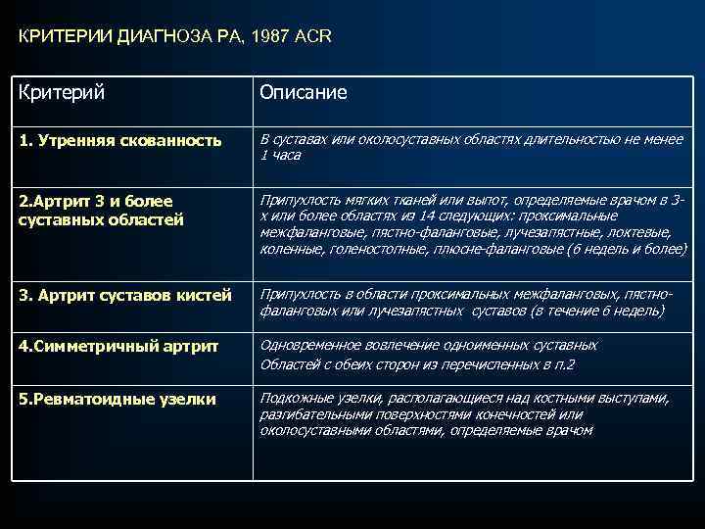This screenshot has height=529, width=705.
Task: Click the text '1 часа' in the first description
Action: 280,156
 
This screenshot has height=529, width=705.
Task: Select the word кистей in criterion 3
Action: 207,295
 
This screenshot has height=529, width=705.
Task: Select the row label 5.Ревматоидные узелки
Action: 117,400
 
